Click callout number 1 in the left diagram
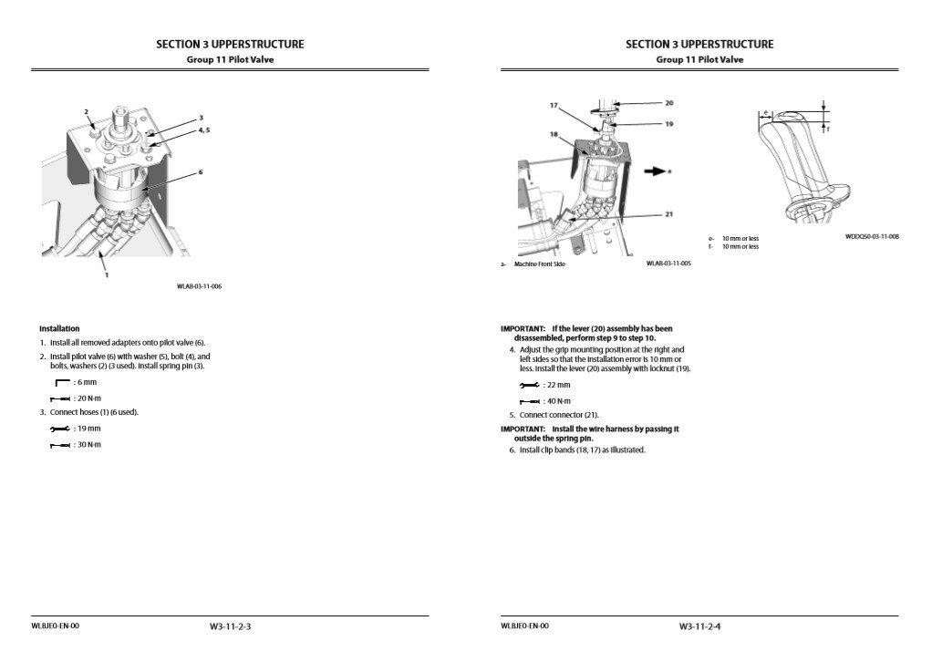(x=106, y=274)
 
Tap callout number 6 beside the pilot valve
(x=200, y=171)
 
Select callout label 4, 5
(x=204, y=130)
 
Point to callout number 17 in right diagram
(x=554, y=106)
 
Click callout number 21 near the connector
(x=669, y=213)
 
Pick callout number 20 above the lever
(x=669, y=102)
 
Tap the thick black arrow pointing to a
(x=653, y=170)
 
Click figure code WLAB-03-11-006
(x=199, y=286)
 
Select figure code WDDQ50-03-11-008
(x=872, y=236)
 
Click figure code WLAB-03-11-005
(x=668, y=264)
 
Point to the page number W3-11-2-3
(x=230, y=626)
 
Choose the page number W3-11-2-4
(x=699, y=626)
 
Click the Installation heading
(x=59, y=328)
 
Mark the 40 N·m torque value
(x=557, y=401)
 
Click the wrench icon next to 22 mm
(x=529, y=386)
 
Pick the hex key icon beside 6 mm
(x=62, y=383)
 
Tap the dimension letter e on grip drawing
(x=767, y=114)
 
